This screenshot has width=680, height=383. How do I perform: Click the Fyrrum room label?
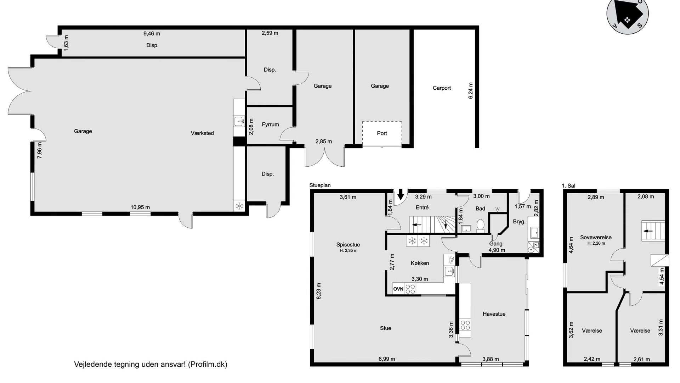pos(270,124)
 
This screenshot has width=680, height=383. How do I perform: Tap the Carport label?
pos(442,88)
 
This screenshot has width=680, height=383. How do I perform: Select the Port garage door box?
pos(382,134)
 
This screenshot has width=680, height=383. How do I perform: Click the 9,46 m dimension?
pos(152,34)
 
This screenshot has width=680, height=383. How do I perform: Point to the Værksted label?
pos(202,133)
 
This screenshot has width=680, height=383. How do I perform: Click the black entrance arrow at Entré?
pos(401,194)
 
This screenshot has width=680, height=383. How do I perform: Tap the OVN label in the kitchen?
pos(398,289)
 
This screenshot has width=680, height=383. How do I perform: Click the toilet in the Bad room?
pos(481,225)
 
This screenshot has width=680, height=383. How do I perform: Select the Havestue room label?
pos(494,314)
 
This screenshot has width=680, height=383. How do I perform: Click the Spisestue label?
pos(348,245)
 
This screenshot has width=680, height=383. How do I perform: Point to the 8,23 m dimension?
pos(319,291)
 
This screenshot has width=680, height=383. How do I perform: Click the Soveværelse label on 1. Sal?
pos(596,238)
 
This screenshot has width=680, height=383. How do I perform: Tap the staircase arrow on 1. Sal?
pos(648,231)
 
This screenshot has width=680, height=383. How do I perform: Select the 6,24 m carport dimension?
pos(471,90)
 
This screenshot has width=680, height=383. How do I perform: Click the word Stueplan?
pos(320,185)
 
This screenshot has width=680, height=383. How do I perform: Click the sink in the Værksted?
pos(239,121)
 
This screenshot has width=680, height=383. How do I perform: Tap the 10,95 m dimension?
pos(140,207)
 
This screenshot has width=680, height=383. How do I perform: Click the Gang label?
pos(496,244)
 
